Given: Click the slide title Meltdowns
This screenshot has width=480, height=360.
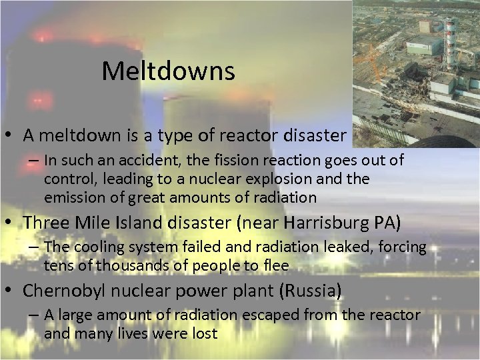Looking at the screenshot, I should [x=168, y=71].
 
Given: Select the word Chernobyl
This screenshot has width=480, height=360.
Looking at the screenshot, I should [x=63, y=291].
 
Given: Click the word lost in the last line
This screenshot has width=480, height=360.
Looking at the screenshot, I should [x=203, y=333].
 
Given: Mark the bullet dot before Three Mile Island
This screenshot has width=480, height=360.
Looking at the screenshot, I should [x=10, y=221].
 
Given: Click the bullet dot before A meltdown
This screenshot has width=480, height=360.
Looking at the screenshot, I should [x=10, y=137].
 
